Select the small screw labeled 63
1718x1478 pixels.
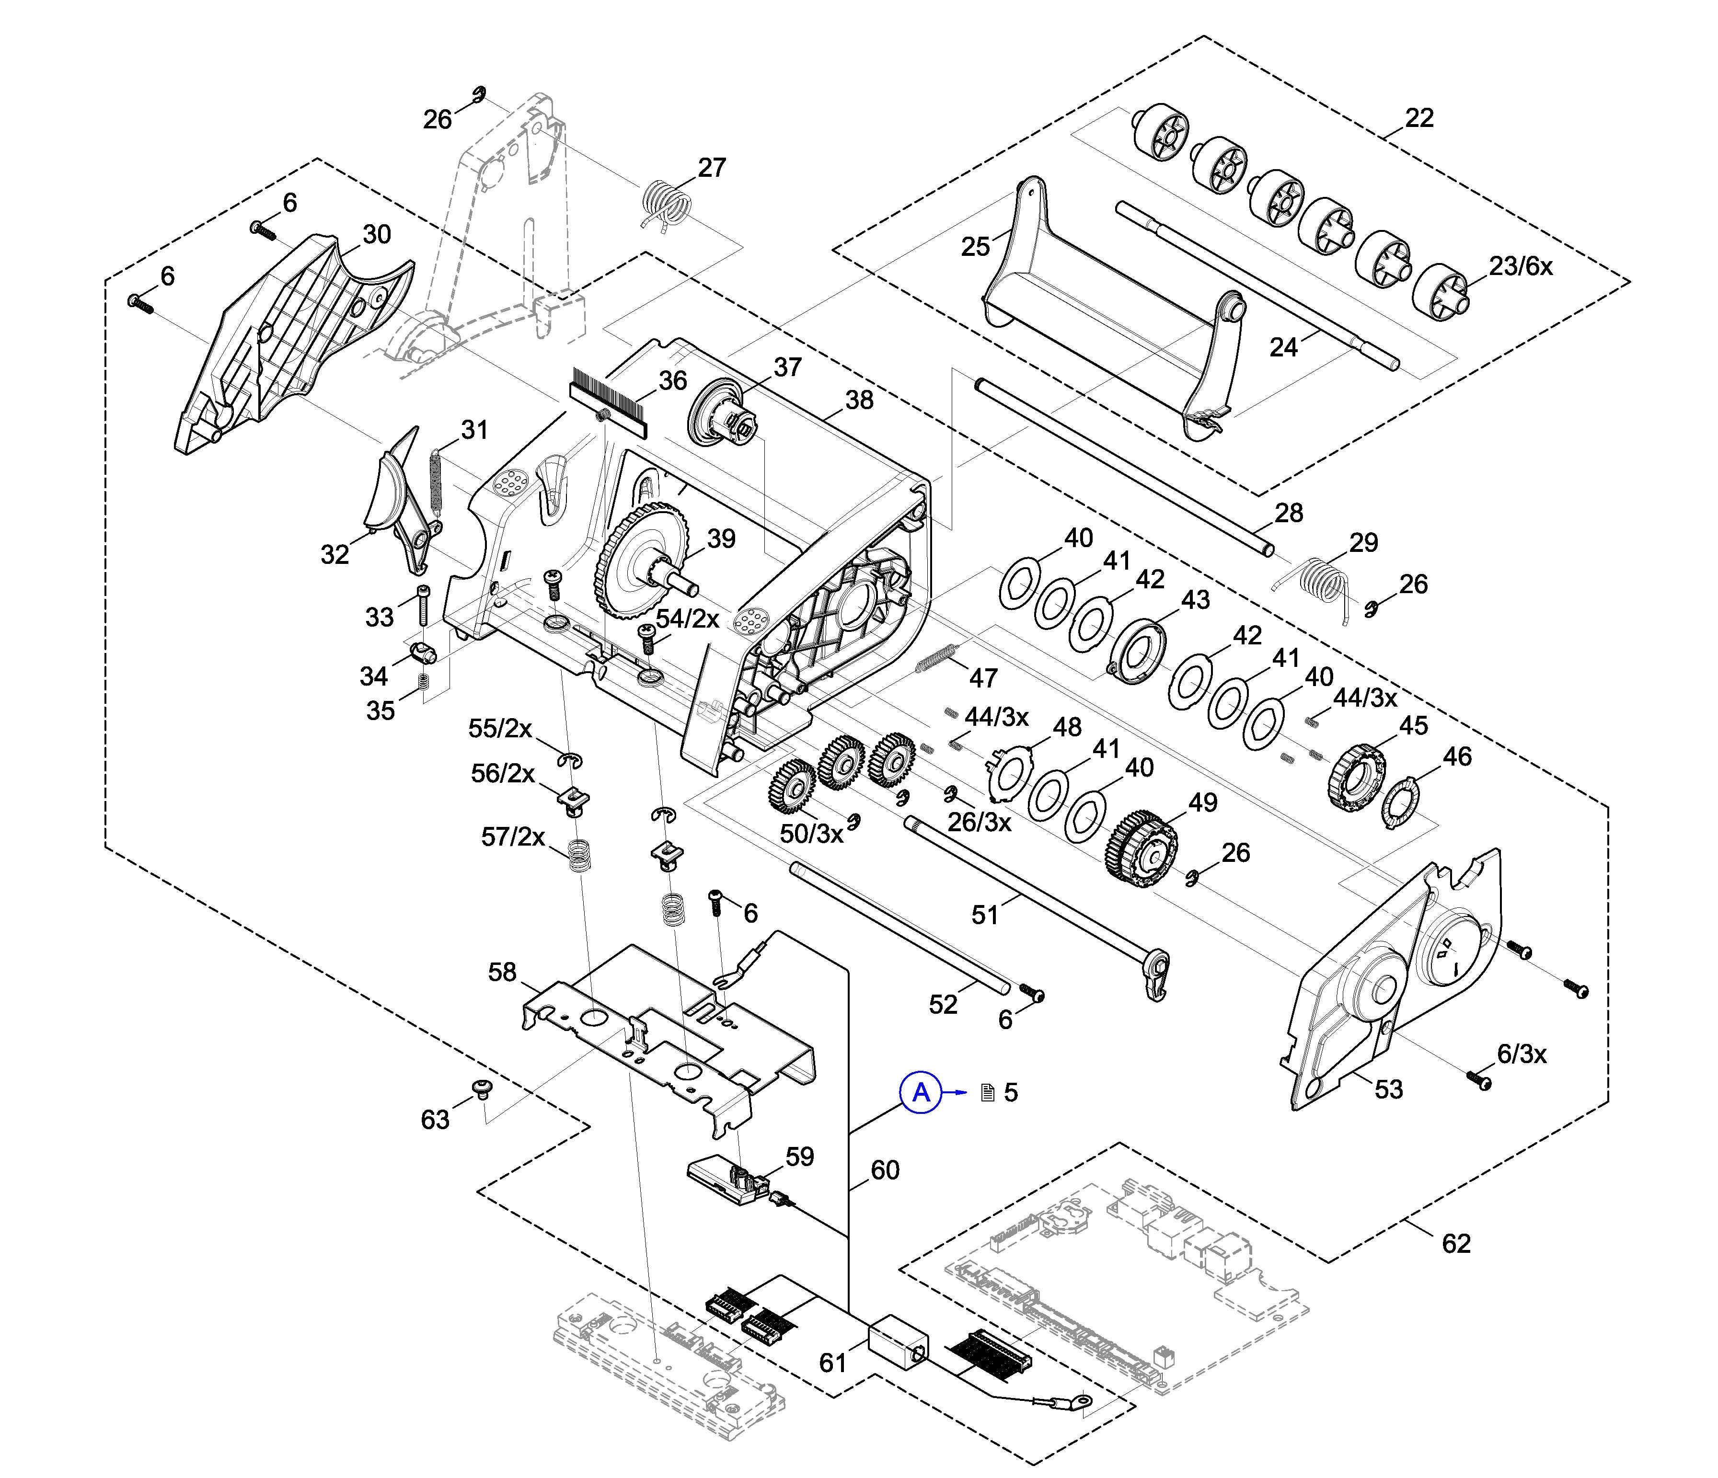pyautogui.click(x=481, y=1087)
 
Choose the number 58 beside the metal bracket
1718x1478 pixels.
pyautogui.click(x=502, y=973)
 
